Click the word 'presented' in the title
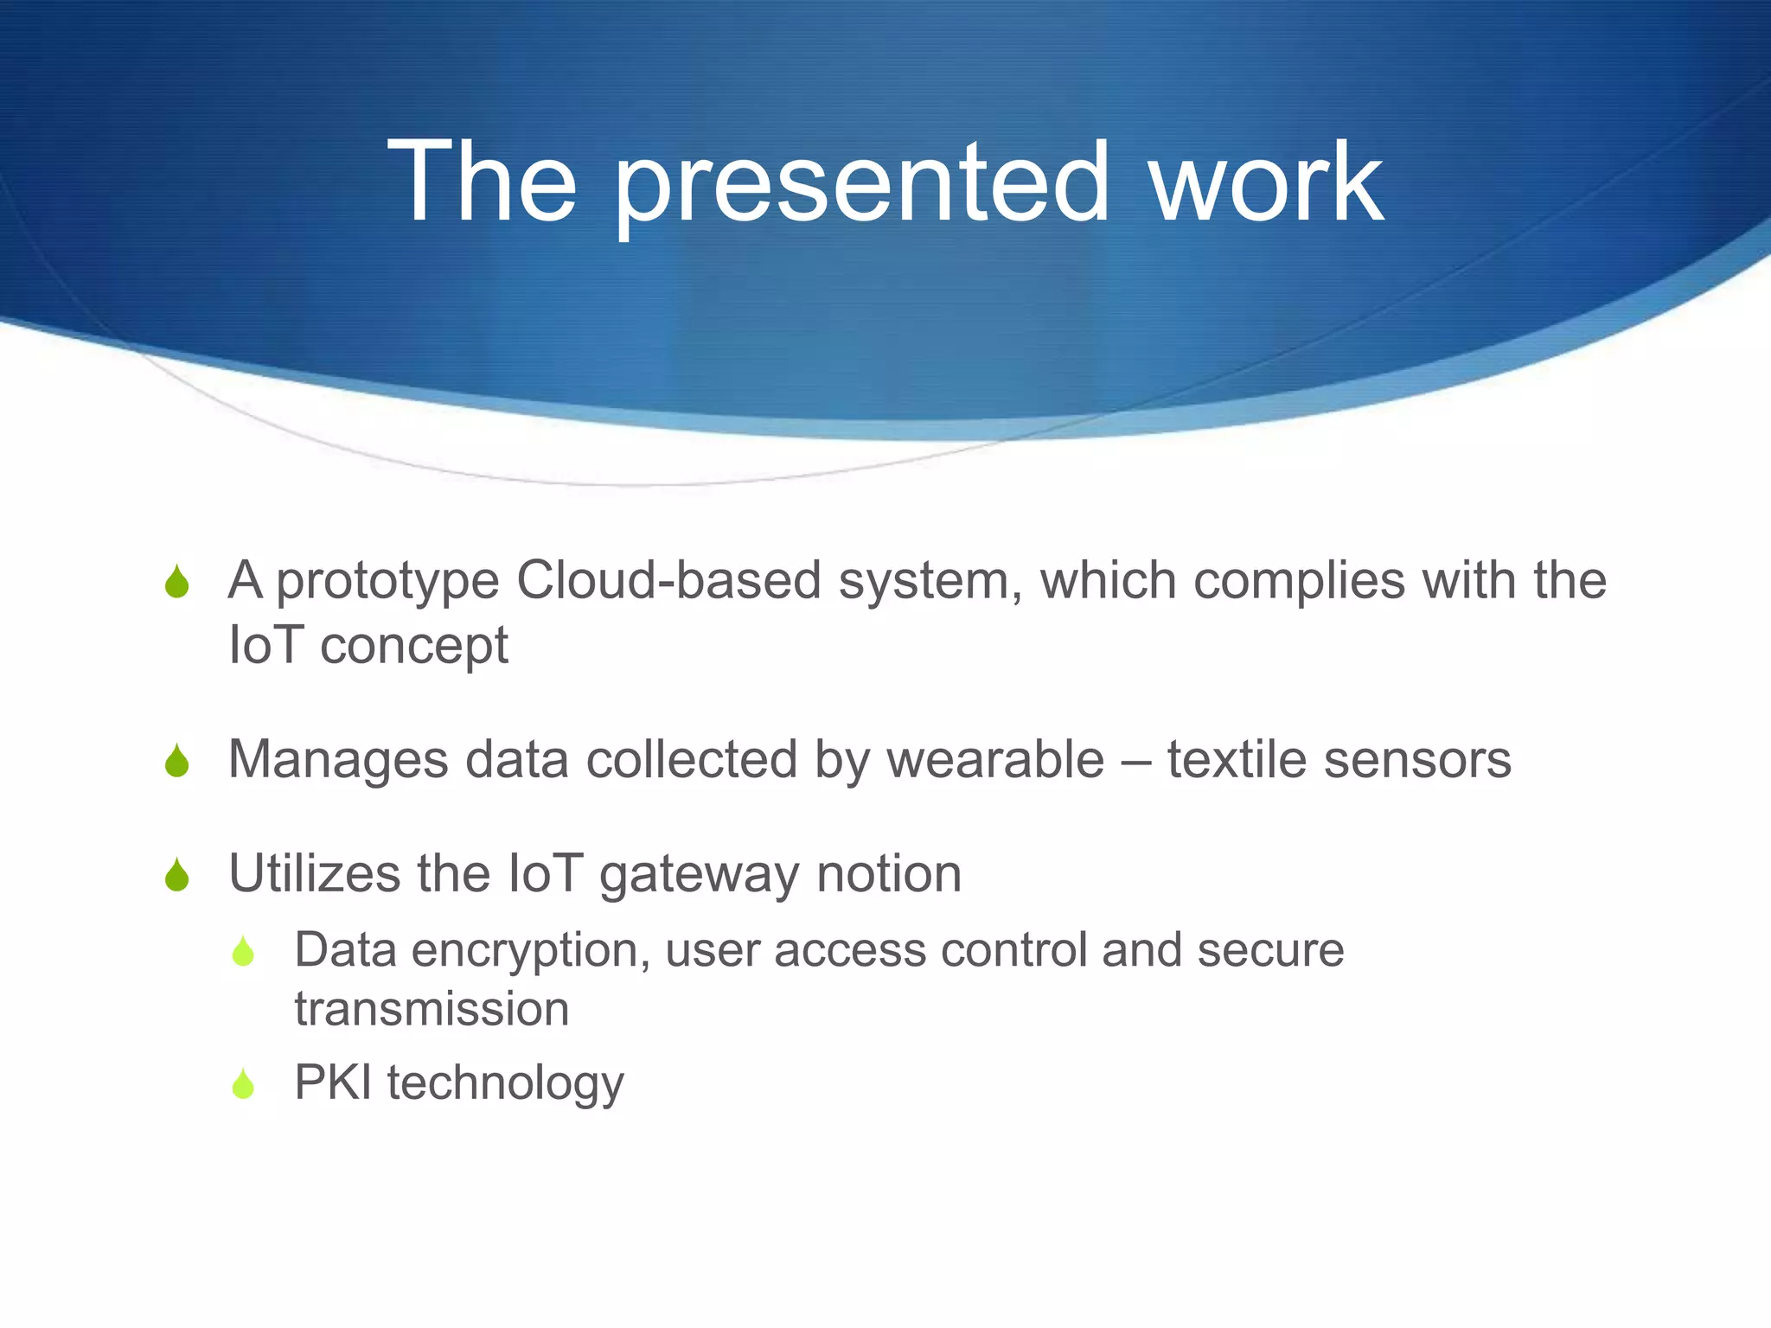[861, 183]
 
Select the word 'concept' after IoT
[414, 647]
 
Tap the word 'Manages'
[338, 761]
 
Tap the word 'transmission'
[432, 1009]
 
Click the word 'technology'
[505, 1084]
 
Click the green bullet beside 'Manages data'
[177, 761]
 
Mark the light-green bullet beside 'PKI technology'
[244, 1084]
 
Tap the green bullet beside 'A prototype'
[177, 582]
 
